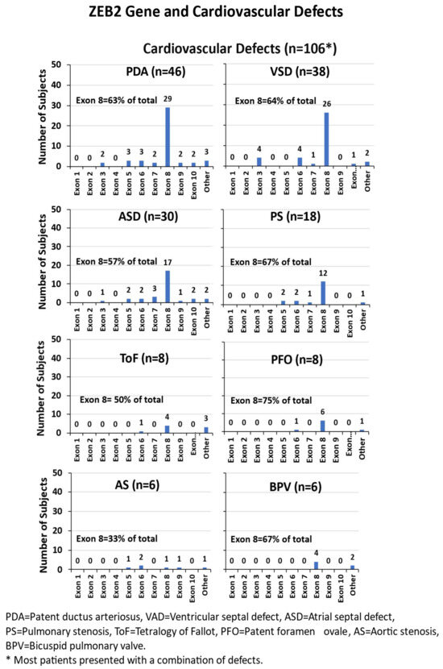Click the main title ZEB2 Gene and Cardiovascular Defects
pyautogui.click(x=221, y=13)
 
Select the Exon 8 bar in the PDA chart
pyautogui.click(x=168, y=136)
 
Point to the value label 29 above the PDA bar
pyautogui.click(x=168, y=99)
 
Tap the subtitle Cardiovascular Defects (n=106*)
pyautogui.click(x=239, y=48)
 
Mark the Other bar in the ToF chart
pyautogui.click(x=206, y=430)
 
